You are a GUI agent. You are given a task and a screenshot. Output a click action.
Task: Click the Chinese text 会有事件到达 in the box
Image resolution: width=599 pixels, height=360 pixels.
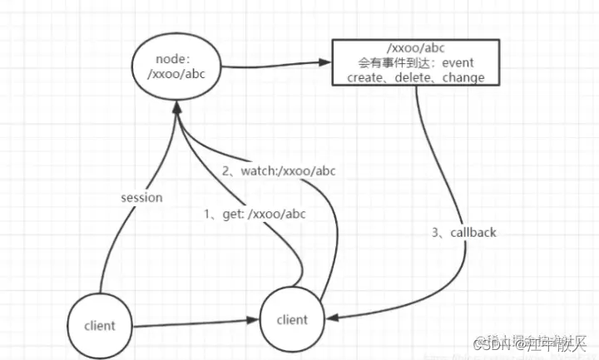click(x=398, y=62)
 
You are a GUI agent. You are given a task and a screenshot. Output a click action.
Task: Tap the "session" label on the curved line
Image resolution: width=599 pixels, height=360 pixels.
click(x=141, y=198)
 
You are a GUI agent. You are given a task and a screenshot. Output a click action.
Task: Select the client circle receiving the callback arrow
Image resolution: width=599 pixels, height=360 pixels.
click(x=291, y=319)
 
